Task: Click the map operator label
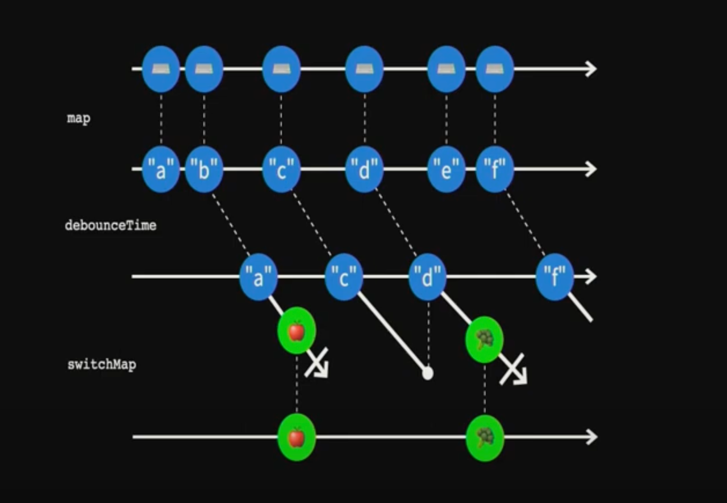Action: pyautogui.click(x=79, y=118)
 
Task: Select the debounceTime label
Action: pyautogui.click(x=111, y=225)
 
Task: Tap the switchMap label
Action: pyautogui.click(x=102, y=364)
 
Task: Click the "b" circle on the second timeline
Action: pyautogui.click(x=204, y=169)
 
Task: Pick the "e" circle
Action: pyautogui.click(x=446, y=169)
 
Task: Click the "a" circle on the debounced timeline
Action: pyautogui.click(x=258, y=277)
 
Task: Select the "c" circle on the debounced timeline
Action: pyautogui.click(x=344, y=277)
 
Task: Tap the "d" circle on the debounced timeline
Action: pyautogui.click(x=427, y=277)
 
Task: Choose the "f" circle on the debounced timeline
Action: pyautogui.click(x=554, y=277)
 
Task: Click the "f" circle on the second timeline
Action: pyautogui.click(x=495, y=169)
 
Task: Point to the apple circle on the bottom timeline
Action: pyautogui.click(x=297, y=437)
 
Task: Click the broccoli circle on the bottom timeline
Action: pyautogui.click(x=485, y=437)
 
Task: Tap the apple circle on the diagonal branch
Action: pyautogui.click(x=297, y=331)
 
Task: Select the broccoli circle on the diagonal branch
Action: pyautogui.click(x=485, y=339)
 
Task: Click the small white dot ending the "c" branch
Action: pyautogui.click(x=428, y=373)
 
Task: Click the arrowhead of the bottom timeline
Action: pyautogui.click(x=591, y=437)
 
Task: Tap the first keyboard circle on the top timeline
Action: pyautogui.click(x=161, y=69)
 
